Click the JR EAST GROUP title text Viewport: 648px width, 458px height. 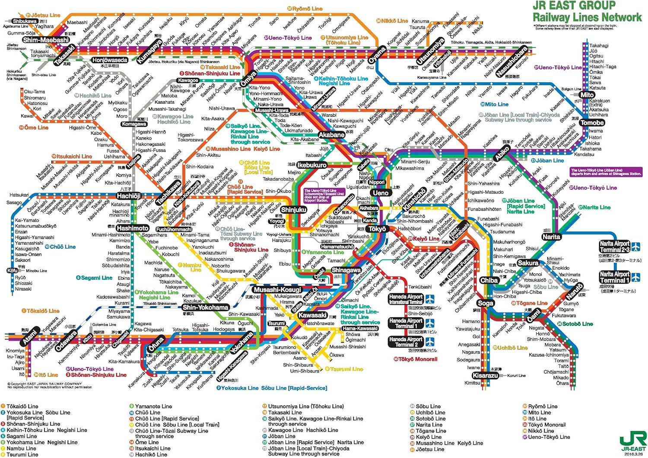point(574,6)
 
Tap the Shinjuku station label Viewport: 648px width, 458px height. point(293,210)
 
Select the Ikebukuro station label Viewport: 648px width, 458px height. point(312,165)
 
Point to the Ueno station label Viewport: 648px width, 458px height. point(381,193)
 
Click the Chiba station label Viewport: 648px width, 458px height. point(489,280)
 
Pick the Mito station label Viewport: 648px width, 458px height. point(587,95)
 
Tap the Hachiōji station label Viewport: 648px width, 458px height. point(129,196)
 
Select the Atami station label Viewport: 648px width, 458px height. point(30,338)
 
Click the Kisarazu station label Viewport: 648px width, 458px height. point(486,375)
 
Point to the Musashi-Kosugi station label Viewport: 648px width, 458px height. point(277,289)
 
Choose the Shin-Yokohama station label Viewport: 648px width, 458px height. point(205,307)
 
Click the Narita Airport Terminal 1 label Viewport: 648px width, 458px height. point(614,277)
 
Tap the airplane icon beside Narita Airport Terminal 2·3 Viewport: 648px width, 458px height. point(636,247)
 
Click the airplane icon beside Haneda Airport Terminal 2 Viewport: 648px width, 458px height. point(429,342)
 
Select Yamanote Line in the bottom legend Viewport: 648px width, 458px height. point(153,407)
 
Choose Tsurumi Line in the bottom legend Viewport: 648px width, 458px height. point(22,455)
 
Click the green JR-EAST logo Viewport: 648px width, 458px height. point(632,442)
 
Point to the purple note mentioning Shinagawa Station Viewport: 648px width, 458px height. point(606,172)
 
